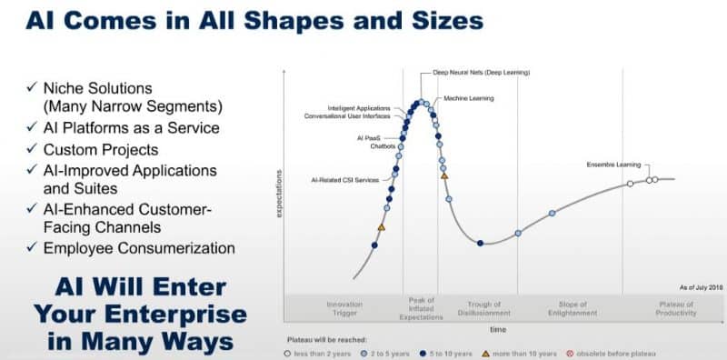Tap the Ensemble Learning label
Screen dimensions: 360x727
613,164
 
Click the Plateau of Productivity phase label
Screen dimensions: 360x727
676,308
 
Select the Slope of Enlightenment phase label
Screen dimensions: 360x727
573,308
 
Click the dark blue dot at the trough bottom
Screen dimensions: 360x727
480,243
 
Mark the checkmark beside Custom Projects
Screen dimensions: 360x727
33,149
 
